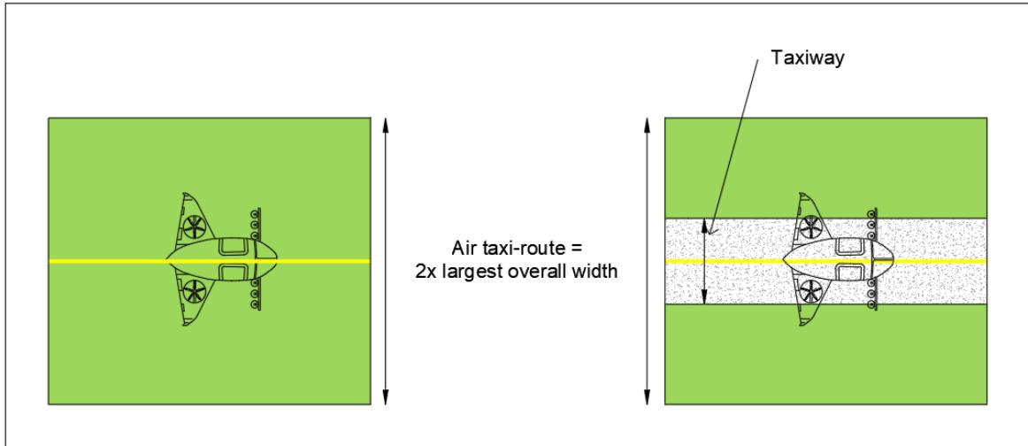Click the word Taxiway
point(807,58)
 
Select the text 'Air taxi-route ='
point(517,250)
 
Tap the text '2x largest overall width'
point(516,271)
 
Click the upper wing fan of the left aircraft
point(195,227)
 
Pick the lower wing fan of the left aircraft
point(195,291)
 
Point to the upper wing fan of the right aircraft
point(811,227)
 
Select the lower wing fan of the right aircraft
point(811,291)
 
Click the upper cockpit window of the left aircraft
point(231,247)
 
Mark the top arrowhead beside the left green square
point(386,125)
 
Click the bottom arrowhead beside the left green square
point(386,396)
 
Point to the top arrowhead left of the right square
point(647,125)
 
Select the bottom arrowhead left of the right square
point(647,396)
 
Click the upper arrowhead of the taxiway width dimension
point(705,226)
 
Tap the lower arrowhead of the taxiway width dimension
point(705,296)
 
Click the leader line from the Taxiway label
point(733,145)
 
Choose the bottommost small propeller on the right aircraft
point(871,304)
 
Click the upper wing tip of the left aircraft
point(185,194)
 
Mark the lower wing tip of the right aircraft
point(802,323)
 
